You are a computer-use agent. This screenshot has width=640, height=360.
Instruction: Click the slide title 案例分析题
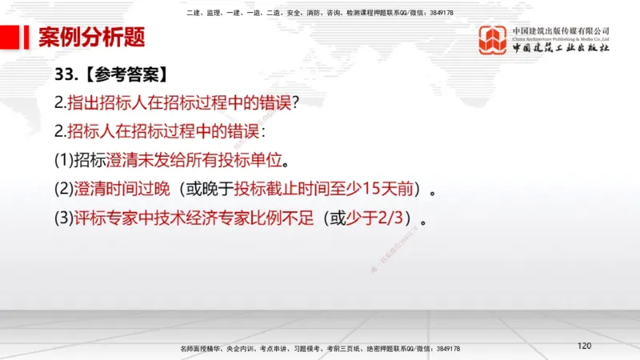pyautogui.click(x=92, y=37)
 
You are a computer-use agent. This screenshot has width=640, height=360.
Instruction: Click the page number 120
pyautogui.click(x=584, y=346)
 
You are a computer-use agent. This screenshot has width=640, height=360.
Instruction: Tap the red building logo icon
pyautogui.click(x=493, y=40)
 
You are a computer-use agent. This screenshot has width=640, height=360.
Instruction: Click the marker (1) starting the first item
pyautogui.click(x=63, y=160)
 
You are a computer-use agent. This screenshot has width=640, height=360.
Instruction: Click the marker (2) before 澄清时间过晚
pyautogui.click(x=63, y=189)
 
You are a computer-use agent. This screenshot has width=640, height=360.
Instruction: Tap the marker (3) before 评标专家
pyautogui.click(x=63, y=217)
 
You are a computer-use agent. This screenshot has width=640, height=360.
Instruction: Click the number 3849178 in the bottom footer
pyautogui.click(x=445, y=350)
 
